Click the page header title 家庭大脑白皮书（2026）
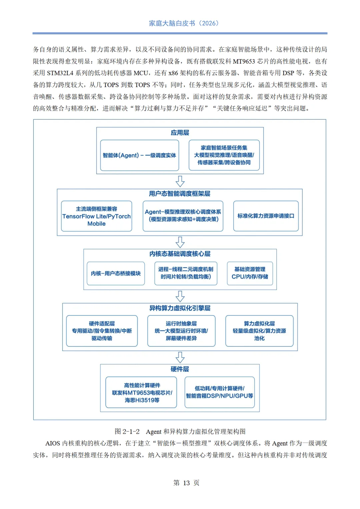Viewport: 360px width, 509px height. coord(184,23)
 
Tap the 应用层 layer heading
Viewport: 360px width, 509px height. coord(180,133)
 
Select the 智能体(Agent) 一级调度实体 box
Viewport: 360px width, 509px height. coord(139,155)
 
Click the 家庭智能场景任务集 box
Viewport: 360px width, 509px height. coord(224,155)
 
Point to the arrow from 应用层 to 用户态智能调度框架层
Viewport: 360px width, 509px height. coord(180,181)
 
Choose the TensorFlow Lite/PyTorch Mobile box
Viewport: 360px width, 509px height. coord(96,216)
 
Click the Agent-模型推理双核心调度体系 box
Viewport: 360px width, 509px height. coord(183,216)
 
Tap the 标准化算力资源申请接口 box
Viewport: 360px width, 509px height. coord(266,216)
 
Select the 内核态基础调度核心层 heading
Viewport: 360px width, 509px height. coord(180,254)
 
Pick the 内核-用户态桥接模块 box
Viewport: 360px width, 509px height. coord(116,273)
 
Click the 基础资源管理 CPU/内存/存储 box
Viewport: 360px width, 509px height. coord(250,273)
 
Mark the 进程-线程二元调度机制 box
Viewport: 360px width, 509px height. coord(186,273)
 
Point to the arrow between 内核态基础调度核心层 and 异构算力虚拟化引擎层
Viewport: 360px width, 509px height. coord(180,296)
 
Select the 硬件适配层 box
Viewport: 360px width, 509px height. coord(102,331)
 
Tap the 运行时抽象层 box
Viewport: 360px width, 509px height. coord(181,331)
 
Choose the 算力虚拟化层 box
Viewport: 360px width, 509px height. coord(259,331)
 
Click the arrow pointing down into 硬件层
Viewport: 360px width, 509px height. coord(180,357)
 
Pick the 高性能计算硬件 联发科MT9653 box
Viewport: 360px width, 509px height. coord(141,392)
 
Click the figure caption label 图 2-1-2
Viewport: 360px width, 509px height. coord(127,432)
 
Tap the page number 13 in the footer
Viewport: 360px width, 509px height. coord(186,483)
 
